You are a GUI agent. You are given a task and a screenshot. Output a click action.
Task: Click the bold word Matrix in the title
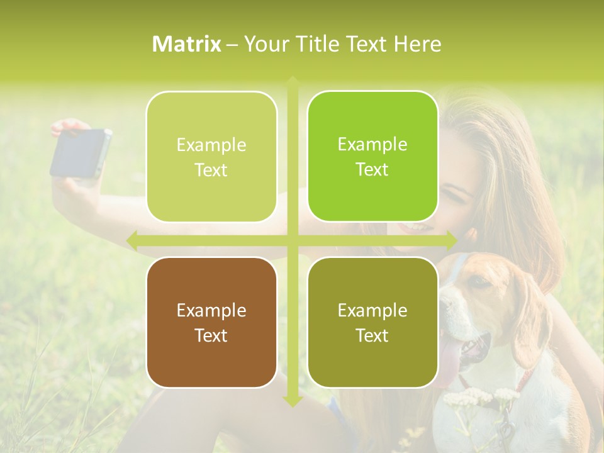[187, 44]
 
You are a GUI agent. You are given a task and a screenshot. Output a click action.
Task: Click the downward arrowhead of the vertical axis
[293, 401]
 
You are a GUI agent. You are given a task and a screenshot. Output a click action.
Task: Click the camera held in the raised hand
[80, 153]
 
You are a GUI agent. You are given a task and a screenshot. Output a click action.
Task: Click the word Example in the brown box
[211, 310]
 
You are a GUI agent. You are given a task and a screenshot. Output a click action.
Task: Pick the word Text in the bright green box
[372, 170]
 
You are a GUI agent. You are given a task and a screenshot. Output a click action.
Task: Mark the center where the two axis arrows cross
[293, 240]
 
